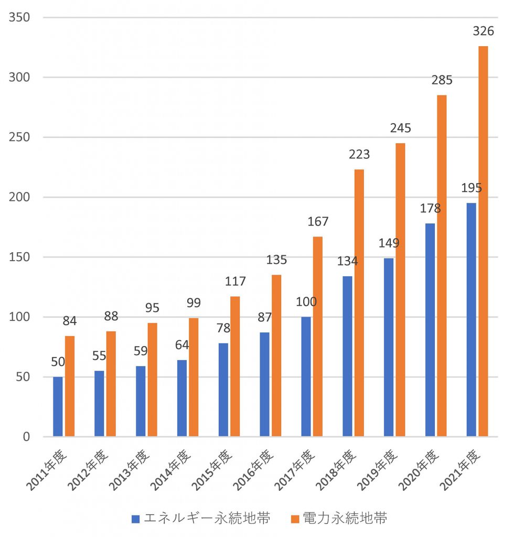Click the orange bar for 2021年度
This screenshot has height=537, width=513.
click(483, 241)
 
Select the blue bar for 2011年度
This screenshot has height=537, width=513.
click(58, 406)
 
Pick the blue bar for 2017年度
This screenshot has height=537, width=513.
click(306, 376)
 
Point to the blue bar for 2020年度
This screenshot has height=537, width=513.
click(430, 330)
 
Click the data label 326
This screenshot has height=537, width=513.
click(483, 31)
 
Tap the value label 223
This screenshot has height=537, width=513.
click(359, 154)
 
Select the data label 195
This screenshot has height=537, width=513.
click(471, 188)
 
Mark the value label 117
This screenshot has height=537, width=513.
click(235, 282)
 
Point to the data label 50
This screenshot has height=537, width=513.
click(58, 361)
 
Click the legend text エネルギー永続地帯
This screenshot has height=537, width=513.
click(207, 519)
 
